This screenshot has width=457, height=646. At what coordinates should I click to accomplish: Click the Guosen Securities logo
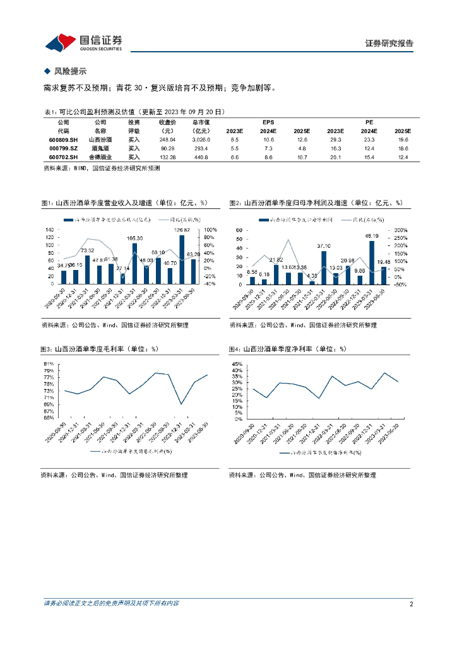(83, 42)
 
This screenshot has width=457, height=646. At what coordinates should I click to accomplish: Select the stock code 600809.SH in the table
(63, 139)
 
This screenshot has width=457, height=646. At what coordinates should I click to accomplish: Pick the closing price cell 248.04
(167, 139)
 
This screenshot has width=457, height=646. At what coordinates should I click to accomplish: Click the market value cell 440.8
(201, 157)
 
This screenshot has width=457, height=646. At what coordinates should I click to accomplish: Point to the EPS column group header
(268, 122)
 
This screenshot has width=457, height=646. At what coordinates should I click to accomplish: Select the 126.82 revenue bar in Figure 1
(182, 259)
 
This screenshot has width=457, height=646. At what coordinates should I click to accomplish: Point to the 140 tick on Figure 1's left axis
(49, 229)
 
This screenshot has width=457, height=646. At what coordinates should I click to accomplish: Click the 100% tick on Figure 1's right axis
(210, 229)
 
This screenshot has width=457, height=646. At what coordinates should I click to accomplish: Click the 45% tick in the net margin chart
(238, 365)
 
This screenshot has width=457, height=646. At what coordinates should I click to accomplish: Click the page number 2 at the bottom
(411, 604)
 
